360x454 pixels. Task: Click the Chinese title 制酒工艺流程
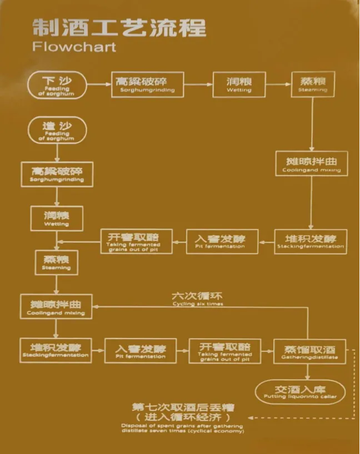pos(119,27)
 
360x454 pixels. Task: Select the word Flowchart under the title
pos(74,46)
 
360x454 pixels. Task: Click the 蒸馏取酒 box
pos(309,351)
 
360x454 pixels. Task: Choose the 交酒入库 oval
pos(300,392)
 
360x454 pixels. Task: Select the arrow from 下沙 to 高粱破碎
pos(98,84)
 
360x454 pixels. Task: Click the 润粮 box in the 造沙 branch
pos(57,217)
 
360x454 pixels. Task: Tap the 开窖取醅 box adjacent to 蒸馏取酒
pos(225,351)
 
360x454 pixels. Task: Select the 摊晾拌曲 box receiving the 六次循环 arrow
pos(56,306)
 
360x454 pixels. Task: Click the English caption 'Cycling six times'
pos(197,304)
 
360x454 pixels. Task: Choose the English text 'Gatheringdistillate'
pos(309,357)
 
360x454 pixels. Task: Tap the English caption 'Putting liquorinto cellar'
pos(300,396)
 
